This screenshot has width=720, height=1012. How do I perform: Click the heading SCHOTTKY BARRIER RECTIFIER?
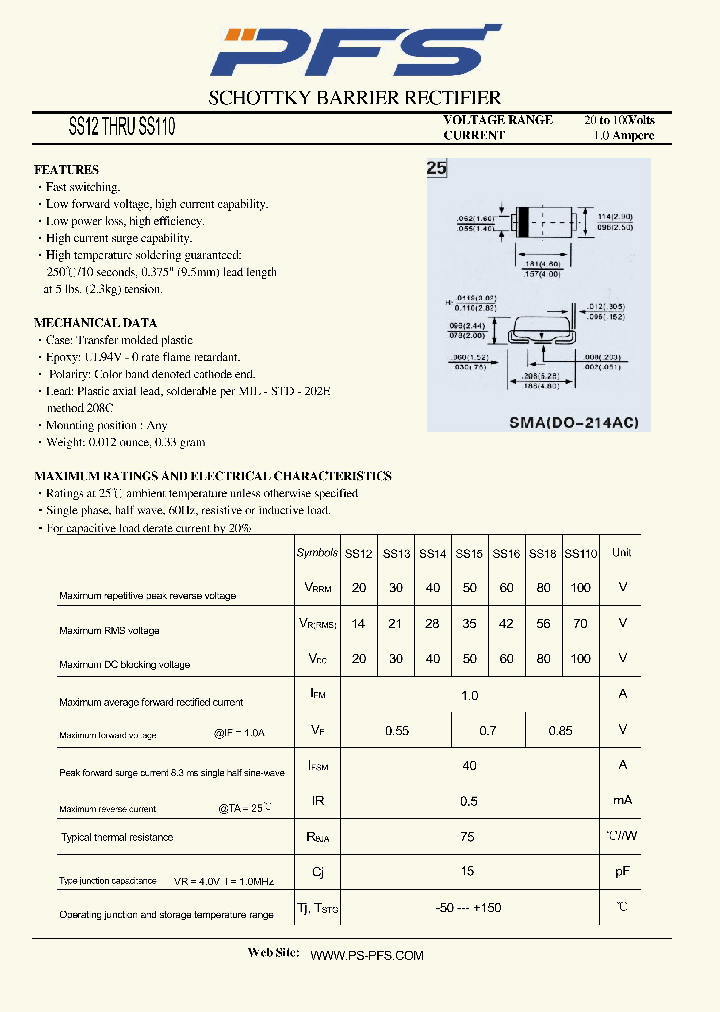point(354,98)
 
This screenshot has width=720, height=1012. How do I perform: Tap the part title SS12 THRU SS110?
point(122,128)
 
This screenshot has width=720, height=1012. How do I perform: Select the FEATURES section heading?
point(66,170)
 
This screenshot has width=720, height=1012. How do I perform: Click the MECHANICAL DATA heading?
point(95,323)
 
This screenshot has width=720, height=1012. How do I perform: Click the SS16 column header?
point(506,553)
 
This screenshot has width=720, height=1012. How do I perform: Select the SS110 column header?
point(581,553)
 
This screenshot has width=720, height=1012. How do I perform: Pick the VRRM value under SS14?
point(432,588)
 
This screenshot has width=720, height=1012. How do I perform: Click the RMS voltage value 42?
point(506,623)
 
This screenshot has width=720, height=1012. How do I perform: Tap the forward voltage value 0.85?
point(561,731)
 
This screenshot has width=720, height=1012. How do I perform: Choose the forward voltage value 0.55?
point(397,731)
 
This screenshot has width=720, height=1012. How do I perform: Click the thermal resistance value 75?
point(469,837)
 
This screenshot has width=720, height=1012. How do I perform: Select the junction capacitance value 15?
point(469,872)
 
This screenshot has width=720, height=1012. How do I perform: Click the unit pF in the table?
point(622,872)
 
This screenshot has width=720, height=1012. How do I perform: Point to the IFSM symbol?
point(318,766)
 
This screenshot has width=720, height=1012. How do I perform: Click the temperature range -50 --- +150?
point(469,907)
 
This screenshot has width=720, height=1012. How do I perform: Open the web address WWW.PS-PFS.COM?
point(367,956)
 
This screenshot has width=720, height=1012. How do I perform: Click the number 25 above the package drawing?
point(436,168)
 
